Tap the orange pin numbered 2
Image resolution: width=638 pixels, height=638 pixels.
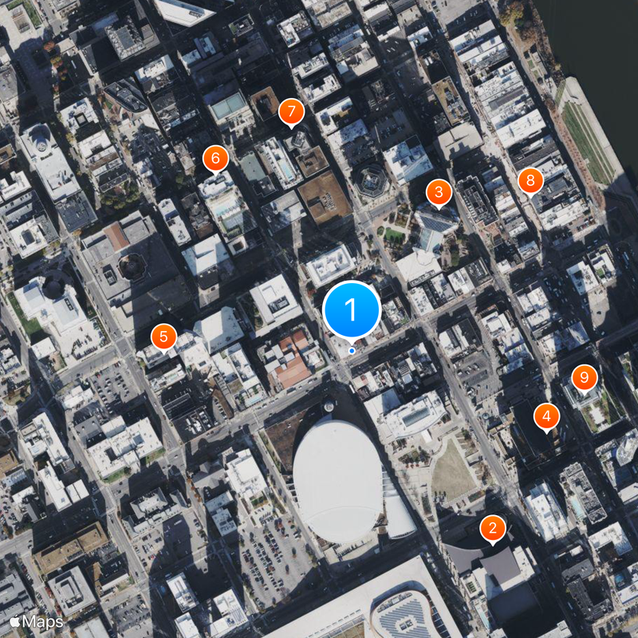493,527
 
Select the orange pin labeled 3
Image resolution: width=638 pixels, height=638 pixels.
438,192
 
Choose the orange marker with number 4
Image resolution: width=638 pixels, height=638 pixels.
546,415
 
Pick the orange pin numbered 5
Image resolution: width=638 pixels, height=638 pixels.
163,336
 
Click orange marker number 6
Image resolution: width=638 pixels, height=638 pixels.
215,159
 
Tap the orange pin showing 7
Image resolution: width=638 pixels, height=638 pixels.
291,111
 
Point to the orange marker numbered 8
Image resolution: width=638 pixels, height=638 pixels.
530,181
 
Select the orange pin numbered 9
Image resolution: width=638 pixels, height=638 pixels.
585,376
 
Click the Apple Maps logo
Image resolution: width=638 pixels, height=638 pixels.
37,620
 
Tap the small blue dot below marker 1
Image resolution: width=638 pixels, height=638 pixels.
352,350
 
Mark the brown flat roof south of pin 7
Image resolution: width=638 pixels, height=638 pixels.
325,196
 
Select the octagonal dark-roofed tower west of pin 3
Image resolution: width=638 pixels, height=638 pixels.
370,179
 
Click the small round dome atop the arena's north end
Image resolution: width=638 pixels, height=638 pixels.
329,407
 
